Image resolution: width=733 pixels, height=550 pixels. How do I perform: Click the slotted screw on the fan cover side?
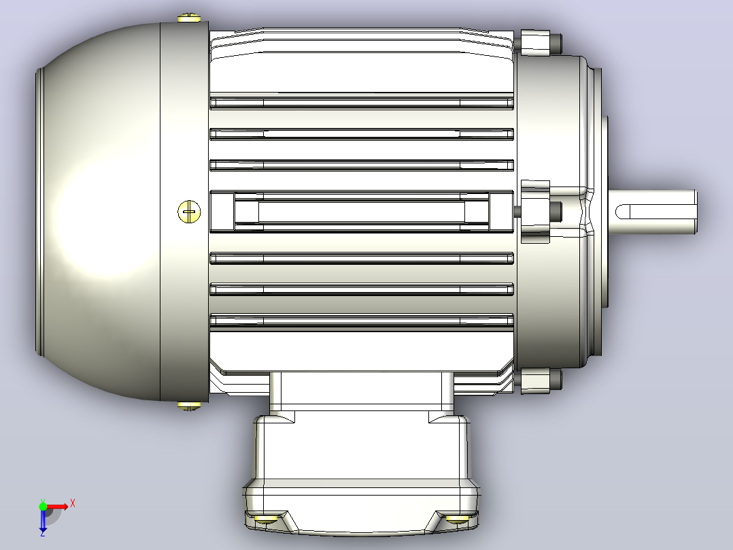click(x=189, y=212)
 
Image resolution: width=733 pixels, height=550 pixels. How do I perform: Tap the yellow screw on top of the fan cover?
click(x=189, y=18)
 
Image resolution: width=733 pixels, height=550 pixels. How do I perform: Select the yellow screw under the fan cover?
click(x=189, y=406)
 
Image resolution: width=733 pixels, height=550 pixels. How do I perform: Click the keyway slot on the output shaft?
click(x=654, y=212)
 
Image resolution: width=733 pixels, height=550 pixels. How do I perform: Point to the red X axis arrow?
click(x=57, y=506)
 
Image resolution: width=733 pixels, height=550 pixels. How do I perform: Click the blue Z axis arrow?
click(x=43, y=519)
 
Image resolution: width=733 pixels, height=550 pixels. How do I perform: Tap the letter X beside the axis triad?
click(x=73, y=504)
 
